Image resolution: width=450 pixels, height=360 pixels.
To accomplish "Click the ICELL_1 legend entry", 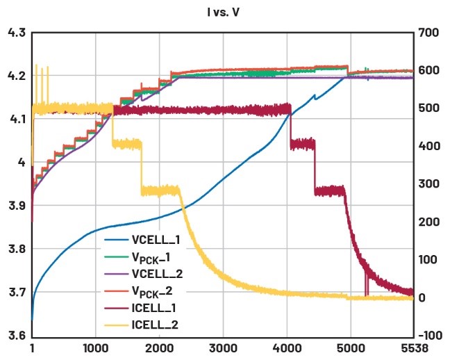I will tap(156, 309).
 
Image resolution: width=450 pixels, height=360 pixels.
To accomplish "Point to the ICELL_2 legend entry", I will tap(156, 327).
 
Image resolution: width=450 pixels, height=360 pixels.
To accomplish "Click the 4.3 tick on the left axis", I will tap(16, 33).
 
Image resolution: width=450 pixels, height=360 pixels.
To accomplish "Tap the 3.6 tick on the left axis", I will tap(16, 336).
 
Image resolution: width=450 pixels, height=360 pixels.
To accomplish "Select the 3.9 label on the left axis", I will tap(16, 206).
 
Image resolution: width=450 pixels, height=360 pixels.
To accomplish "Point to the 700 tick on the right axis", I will tap(428, 33).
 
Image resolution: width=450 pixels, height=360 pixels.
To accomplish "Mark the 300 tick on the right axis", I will tap(428, 184).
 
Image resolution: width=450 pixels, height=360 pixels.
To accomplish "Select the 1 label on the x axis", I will tap(32, 346).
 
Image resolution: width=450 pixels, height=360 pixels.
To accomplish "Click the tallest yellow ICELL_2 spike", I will tap(36, 66).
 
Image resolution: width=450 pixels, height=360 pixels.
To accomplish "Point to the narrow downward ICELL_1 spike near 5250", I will tap(366, 285).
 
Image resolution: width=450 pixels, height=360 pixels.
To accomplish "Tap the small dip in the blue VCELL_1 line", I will tap(315, 98).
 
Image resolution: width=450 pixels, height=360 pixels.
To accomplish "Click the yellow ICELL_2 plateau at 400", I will tap(127, 144).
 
